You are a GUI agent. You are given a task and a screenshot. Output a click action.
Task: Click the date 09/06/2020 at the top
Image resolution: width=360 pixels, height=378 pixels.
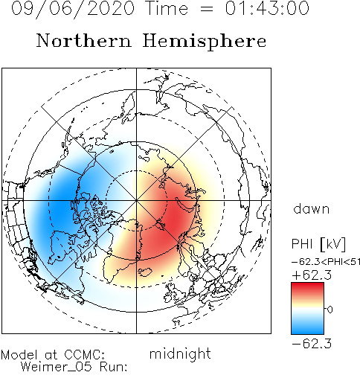[x=73, y=9]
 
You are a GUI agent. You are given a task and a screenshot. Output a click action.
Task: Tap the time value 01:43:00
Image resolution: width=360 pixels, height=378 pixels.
[x=267, y=8]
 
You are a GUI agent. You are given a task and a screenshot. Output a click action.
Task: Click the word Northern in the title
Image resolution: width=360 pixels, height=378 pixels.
[x=84, y=41]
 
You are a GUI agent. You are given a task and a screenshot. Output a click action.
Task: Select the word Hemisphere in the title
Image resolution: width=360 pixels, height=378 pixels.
[x=205, y=42]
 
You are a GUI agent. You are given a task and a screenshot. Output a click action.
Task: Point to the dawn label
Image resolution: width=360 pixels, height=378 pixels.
[x=312, y=209]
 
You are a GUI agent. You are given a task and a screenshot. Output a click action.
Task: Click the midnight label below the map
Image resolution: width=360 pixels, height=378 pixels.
[x=180, y=354]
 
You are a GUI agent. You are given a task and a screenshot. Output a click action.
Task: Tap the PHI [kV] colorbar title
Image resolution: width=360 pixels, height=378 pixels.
[x=318, y=244]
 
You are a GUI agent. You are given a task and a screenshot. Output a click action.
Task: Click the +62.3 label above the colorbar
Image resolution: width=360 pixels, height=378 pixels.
[x=312, y=275]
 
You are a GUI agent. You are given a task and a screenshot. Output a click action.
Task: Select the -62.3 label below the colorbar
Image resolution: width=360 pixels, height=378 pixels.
[x=312, y=344]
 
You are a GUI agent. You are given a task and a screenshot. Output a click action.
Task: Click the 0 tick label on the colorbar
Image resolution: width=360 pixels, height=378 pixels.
[x=330, y=310]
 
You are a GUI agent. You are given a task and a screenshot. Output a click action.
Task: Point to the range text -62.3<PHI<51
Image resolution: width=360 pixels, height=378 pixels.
[x=326, y=262]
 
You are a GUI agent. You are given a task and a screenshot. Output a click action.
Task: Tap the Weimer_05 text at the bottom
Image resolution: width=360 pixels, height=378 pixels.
[x=57, y=367]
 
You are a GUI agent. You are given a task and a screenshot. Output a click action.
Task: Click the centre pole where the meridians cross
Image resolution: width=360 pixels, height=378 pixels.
[x=136, y=200]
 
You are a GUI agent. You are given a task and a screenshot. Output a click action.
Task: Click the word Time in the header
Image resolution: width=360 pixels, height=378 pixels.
[x=167, y=8]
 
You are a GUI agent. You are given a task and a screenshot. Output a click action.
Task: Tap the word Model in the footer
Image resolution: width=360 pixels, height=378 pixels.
[x=19, y=355]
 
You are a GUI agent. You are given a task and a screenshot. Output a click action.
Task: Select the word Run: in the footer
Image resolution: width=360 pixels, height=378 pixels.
[x=114, y=367]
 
